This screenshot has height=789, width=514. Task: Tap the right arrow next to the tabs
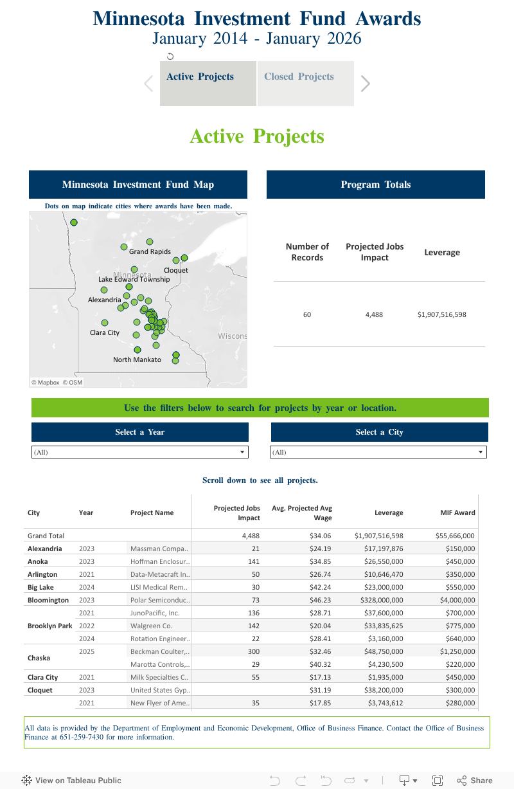pos(366,84)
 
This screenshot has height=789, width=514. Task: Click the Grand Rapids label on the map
pos(150,252)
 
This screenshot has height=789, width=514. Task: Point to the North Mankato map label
pos(137,359)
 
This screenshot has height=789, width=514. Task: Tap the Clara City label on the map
pos(105,332)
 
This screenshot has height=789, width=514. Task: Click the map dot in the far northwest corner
pos(74,222)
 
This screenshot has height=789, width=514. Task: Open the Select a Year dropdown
pos(139,453)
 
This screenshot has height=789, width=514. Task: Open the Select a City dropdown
pos(378,453)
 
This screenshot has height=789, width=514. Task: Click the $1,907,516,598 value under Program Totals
pos(441,315)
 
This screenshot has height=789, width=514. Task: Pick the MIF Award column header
pos(457,512)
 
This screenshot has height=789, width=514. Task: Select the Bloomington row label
pos(48,600)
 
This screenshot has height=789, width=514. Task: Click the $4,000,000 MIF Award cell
pos(457,600)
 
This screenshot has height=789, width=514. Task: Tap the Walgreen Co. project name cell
pos(151,626)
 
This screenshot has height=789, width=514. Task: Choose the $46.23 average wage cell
pos(319,600)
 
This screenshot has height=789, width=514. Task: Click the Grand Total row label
pos(46,535)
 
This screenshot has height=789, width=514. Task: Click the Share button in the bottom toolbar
pos(475,781)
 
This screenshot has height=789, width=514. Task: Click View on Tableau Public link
pos(71,781)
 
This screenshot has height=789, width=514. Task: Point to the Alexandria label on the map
pos(104,300)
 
